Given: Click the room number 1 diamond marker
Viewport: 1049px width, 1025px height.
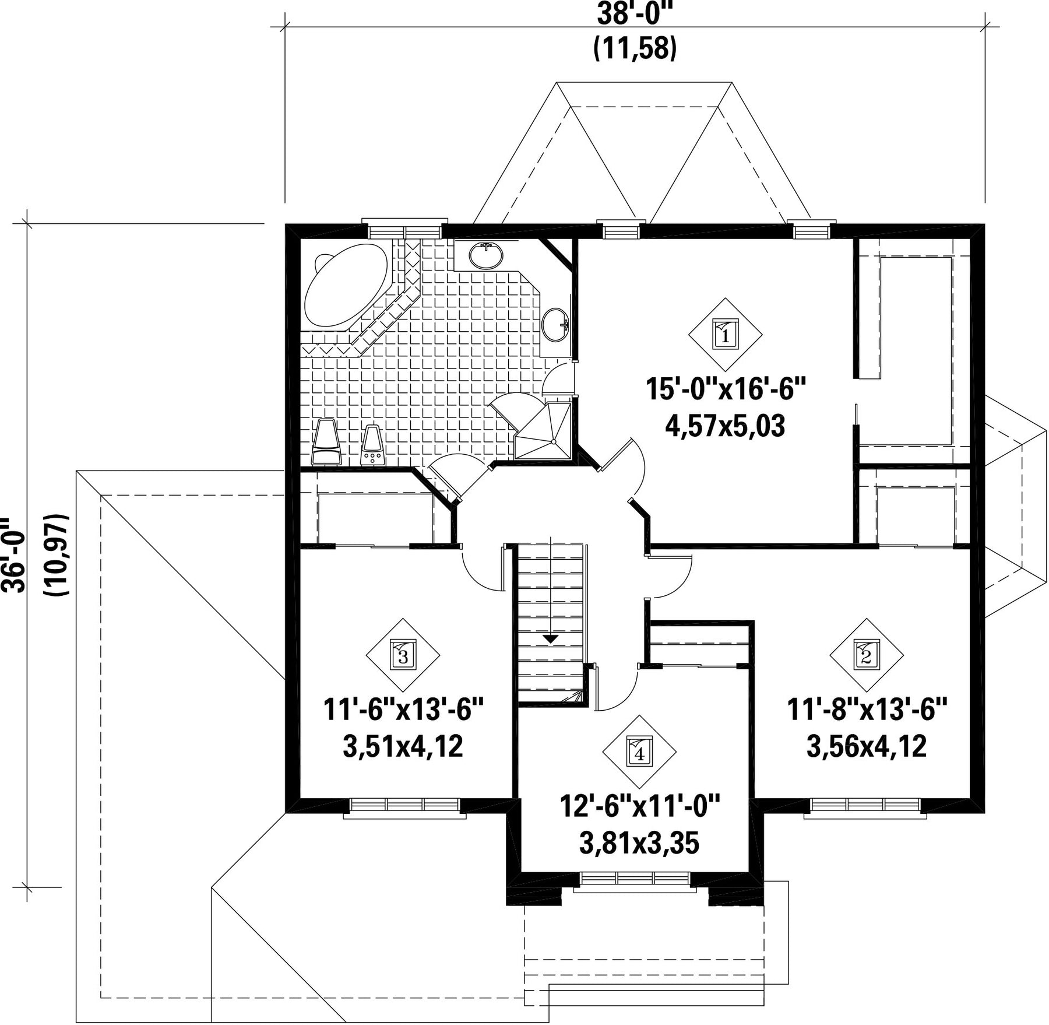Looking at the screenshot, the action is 725,335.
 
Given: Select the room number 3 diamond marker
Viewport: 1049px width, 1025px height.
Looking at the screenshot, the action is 403,655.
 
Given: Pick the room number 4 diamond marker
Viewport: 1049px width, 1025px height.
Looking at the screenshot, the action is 639,752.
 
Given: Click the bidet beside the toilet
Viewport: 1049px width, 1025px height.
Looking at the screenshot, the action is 372,445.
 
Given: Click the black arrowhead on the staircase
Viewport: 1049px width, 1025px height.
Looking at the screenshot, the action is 550,639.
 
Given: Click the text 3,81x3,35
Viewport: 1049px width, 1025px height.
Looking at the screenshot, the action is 639,843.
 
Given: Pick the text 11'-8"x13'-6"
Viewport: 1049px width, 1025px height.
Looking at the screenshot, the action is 867,710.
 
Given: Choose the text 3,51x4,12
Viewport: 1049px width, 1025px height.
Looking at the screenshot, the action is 403,746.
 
